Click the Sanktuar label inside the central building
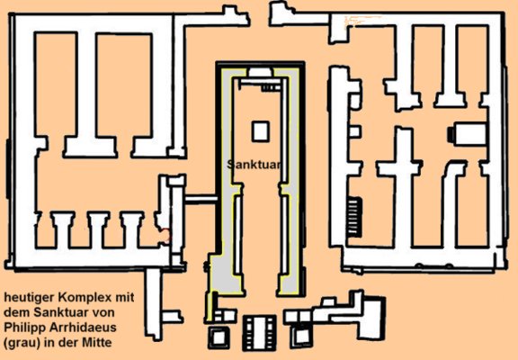[254, 165]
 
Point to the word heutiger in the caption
[29, 298]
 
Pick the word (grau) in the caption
[19, 343]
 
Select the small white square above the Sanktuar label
[260, 131]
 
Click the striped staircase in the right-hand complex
[353, 217]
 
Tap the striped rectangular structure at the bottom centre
[259, 333]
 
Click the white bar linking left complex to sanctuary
[201, 199]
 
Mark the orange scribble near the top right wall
[362, 21]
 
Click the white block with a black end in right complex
[468, 134]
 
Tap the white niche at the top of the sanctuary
[261, 72]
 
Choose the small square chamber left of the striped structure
[218, 337]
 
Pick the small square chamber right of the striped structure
[301, 337]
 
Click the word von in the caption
[104, 313]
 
